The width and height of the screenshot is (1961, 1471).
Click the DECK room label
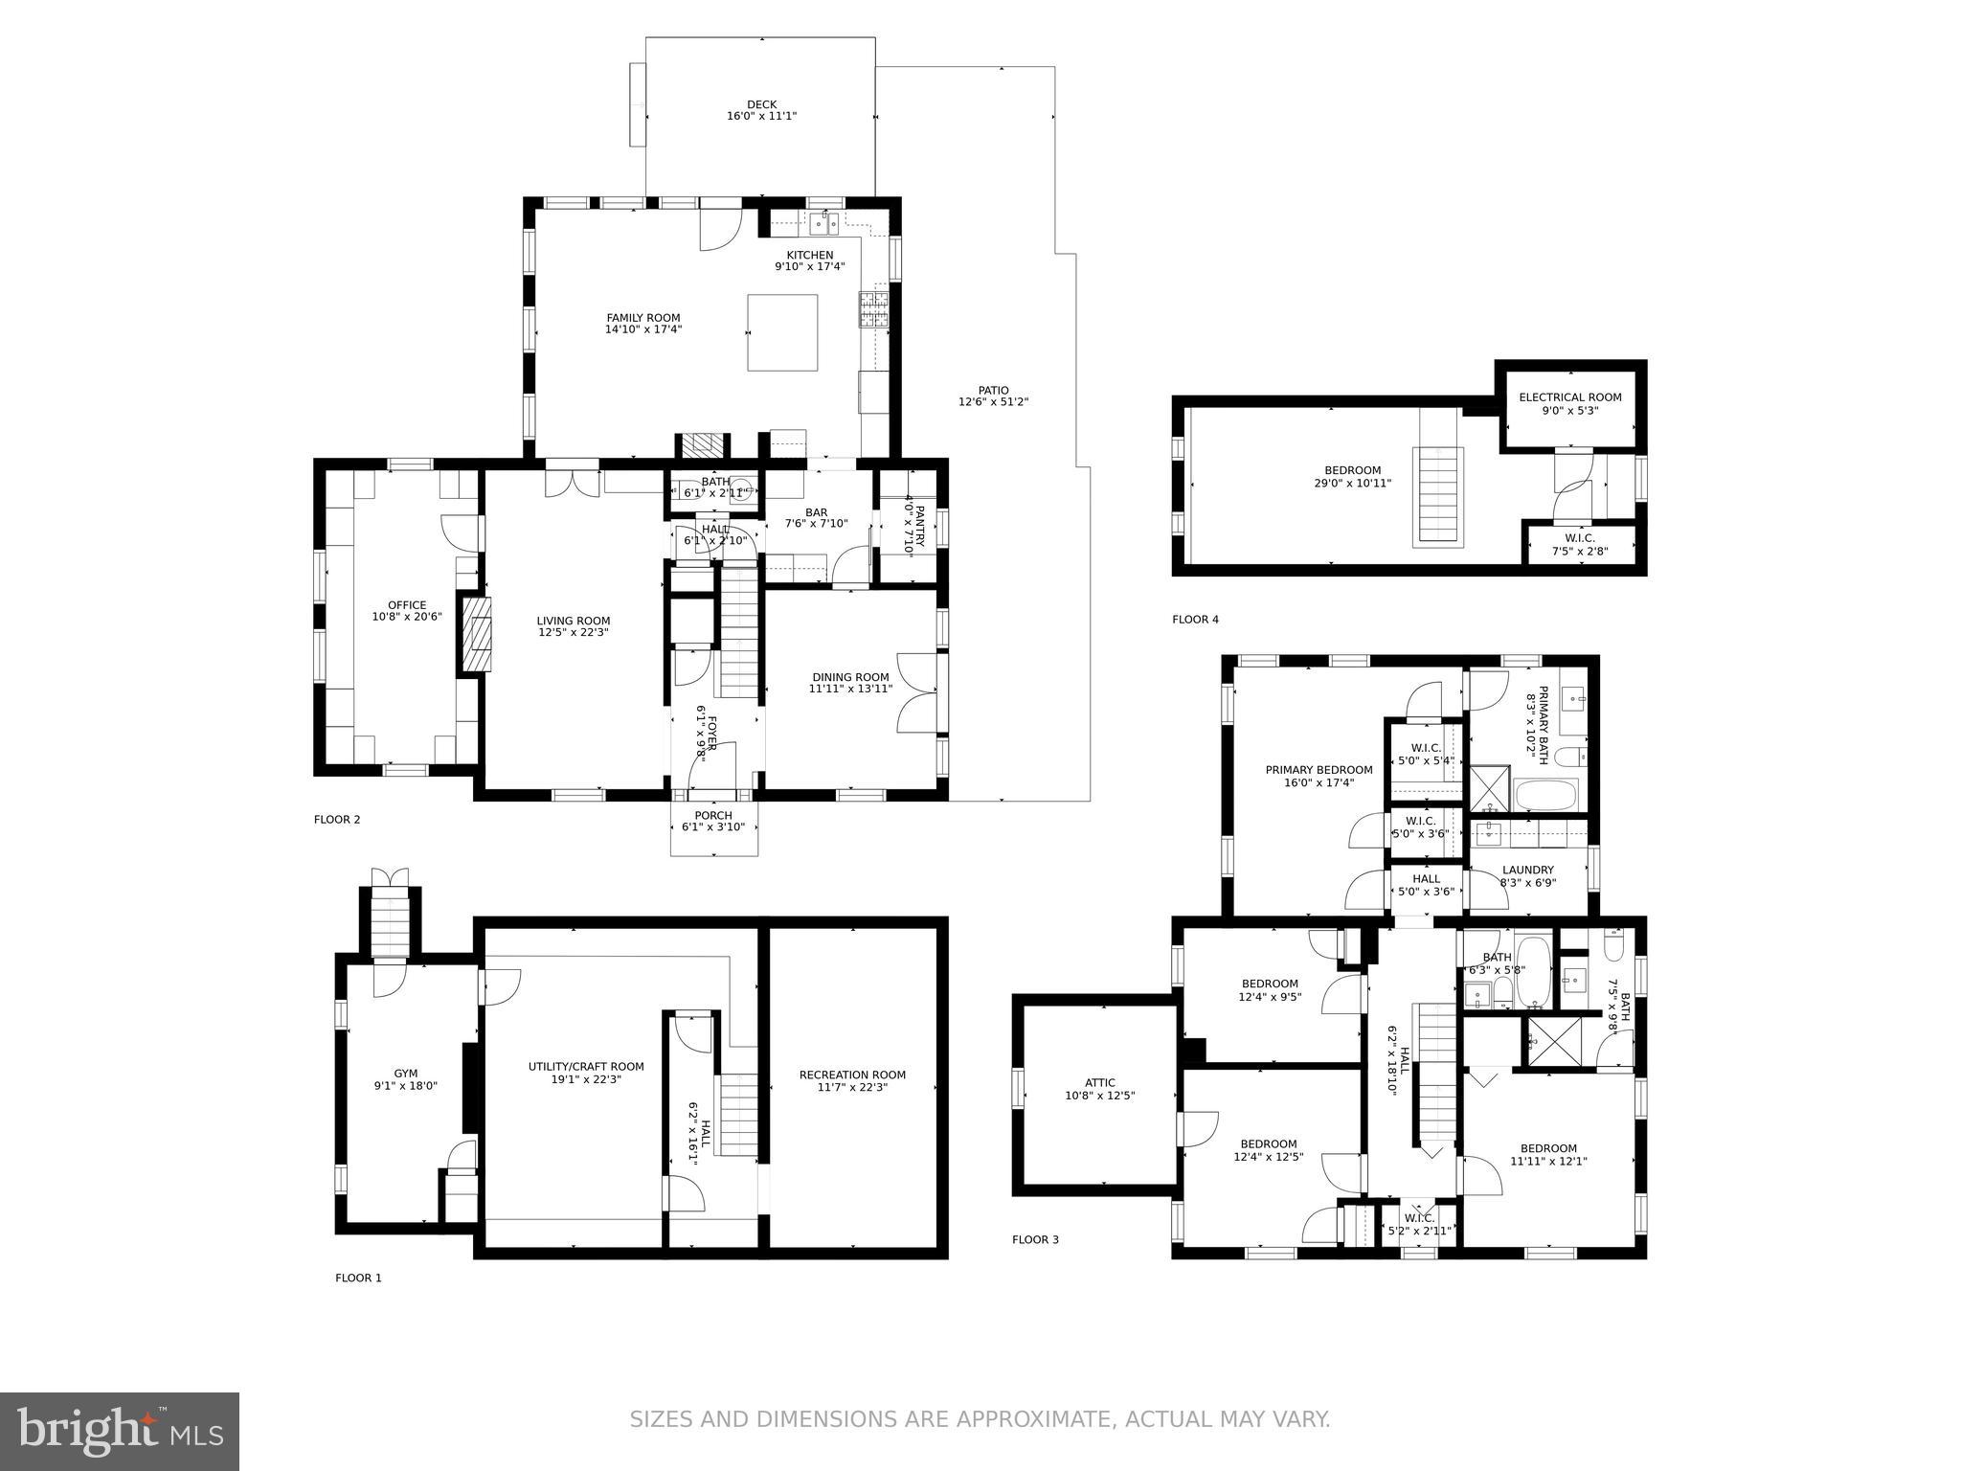[x=761, y=104]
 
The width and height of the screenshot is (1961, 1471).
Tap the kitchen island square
[x=782, y=332]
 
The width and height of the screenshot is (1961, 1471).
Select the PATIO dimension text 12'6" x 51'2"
[x=993, y=402]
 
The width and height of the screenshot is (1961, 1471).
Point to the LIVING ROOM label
[x=573, y=621]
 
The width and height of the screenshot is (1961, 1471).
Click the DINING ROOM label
[x=849, y=677]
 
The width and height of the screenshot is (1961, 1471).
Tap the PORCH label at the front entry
[x=713, y=815]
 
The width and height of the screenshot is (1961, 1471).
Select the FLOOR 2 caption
[x=337, y=820]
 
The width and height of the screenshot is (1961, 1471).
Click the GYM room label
[x=406, y=1074]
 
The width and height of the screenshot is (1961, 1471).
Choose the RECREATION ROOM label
[x=852, y=1075]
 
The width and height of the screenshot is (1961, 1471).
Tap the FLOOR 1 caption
[x=358, y=1278]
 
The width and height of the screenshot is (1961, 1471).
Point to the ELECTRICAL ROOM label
[x=1570, y=397]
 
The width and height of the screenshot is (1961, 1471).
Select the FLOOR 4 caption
[x=1195, y=620]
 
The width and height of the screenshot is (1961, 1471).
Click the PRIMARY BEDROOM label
[x=1319, y=770]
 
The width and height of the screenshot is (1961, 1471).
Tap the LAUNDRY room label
[x=1527, y=871]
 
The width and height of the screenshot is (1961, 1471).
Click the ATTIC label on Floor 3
[x=1100, y=1083]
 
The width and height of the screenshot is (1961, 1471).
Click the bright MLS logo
[x=120, y=1431]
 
